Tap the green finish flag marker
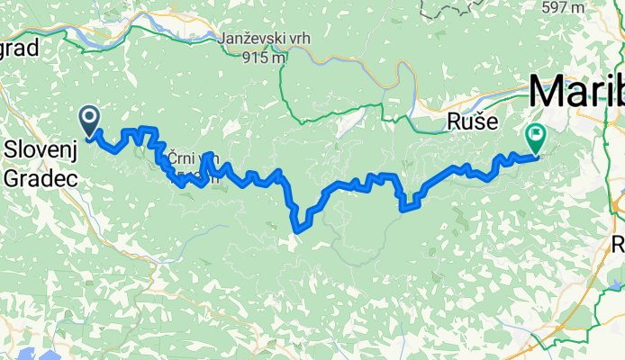coord(536,138)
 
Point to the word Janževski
coord(254,39)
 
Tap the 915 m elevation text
coord(264,57)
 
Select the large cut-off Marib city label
coord(576,93)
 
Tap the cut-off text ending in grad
coord(19,48)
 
